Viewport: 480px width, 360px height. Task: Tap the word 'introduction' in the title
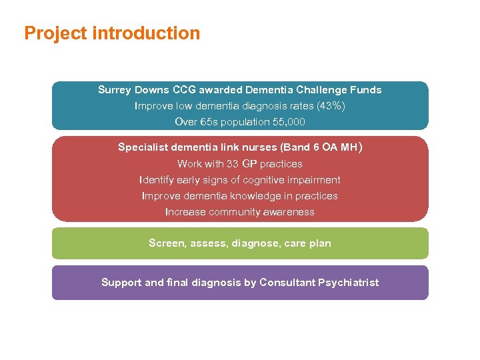tap(146, 33)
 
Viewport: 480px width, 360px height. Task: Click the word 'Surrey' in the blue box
tap(115, 89)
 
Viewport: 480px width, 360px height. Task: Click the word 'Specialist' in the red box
tap(143, 147)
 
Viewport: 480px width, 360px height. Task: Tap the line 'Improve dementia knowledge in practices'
tap(240, 195)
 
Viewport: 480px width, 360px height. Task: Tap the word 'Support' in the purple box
tap(121, 283)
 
